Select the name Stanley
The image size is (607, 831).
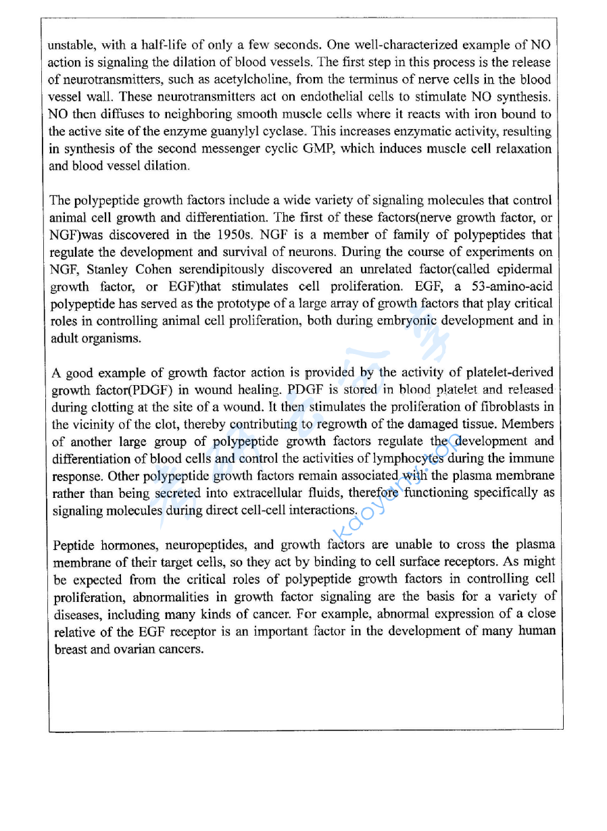point(110,270)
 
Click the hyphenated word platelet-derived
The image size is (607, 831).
point(510,372)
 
